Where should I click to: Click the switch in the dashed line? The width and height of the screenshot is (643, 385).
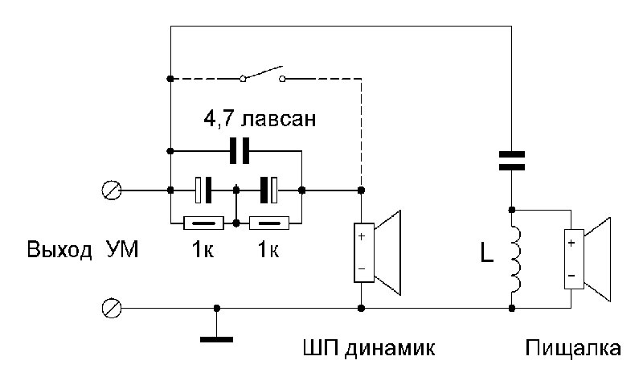click(263, 75)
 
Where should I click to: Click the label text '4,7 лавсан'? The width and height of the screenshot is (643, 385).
click(258, 121)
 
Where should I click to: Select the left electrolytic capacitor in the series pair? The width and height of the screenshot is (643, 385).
click(204, 190)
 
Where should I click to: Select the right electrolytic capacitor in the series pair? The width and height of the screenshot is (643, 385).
click(269, 190)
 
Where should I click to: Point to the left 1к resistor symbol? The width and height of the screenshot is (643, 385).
click(203, 223)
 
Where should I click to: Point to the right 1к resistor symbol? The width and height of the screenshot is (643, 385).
click(268, 223)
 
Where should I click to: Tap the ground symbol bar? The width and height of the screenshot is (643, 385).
click(216, 338)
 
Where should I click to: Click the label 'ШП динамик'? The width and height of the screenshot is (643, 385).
click(368, 350)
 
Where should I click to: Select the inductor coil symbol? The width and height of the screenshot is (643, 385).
click(512, 259)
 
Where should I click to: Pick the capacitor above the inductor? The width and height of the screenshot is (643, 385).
click(512, 160)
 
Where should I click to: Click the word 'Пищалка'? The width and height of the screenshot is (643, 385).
click(573, 350)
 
